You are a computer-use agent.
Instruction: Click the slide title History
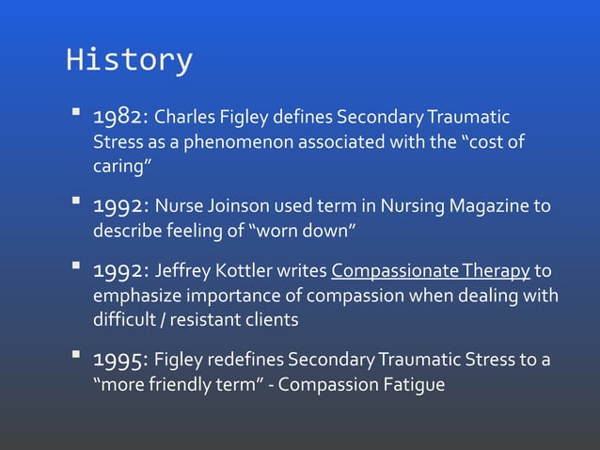pyautogui.click(x=129, y=60)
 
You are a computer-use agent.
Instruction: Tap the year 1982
pyautogui.click(x=119, y=120)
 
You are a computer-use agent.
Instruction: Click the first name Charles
pyautogui.click(x=182, y=120)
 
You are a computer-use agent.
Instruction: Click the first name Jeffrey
pyautogui.click(x=184, y=272)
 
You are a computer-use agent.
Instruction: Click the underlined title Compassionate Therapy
pyautogui.click(x=431, y=272)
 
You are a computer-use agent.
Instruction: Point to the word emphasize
pyautogui.click(x=133, y=296)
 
